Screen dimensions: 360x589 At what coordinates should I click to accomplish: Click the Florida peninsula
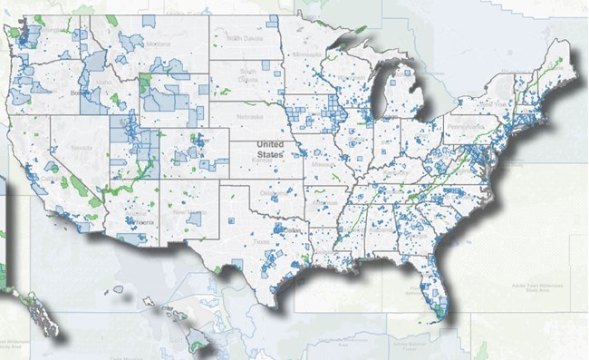(x=431, y=286)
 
